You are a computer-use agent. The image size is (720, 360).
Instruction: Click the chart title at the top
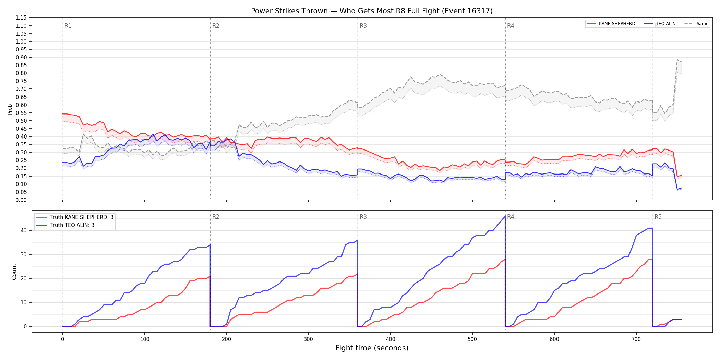[372, 11]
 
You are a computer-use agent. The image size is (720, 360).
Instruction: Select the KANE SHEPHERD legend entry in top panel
[611, 24]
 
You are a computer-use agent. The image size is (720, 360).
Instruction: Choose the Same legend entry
[696, 24]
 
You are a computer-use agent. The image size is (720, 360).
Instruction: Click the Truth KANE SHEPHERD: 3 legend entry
[75, 217]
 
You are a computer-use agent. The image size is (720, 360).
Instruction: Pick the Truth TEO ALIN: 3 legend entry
[65, 225]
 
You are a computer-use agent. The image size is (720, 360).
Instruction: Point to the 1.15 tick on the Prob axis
[21, 18]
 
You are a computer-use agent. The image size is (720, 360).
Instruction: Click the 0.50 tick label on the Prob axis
[21, 121]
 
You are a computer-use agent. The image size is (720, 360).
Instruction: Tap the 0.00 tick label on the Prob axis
[21, 200]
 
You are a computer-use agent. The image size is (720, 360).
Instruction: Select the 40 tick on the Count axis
[24, 230]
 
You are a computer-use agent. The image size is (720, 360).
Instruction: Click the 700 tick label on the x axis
[636, 339]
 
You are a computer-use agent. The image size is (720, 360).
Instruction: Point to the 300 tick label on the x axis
[308, 339]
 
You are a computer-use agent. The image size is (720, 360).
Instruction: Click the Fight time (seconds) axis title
[372, 348]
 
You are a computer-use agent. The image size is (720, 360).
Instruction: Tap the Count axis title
[14, 272]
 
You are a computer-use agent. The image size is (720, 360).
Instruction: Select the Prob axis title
[10, 109]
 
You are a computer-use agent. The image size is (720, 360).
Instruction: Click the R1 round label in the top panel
[68, 26]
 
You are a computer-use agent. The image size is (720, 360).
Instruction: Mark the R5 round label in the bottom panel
[658, 217]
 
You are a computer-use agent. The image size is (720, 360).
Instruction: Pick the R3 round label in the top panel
[363, 26]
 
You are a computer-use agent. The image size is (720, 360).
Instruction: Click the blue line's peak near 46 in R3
[505, 216]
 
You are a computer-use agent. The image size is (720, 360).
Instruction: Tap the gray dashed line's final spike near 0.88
[677, 60]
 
